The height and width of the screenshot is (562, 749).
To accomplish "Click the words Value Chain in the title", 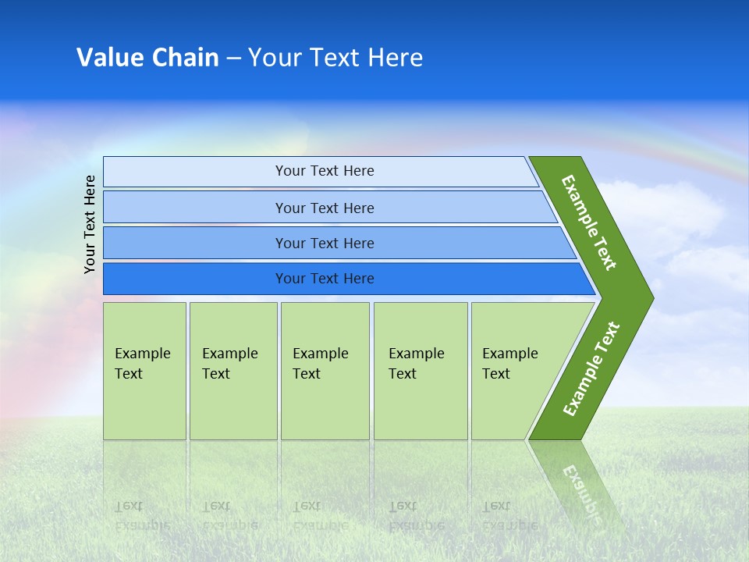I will [x=147, y=58].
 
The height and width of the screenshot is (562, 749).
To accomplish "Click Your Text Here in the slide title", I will [x=335, y=58].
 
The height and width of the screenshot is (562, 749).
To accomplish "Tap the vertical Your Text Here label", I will [x=90, y=224].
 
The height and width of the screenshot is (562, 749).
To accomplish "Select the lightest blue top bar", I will [x=195, y=172].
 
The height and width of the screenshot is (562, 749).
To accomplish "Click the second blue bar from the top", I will [x=195, y=208].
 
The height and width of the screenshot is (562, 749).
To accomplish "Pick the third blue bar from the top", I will [x=195, y=243].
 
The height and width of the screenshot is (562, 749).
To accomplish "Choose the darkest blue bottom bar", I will [x=195, y=279].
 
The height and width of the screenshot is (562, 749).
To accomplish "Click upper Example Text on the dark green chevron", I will [x=589, y=222].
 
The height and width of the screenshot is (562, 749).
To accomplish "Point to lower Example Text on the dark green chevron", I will [x=591, y=369].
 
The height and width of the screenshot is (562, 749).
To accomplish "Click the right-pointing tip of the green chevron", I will [x=648, y=298].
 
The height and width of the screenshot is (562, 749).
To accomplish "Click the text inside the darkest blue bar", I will [x=325, y=279].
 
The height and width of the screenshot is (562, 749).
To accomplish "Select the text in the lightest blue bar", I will [x=325, y=171].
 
